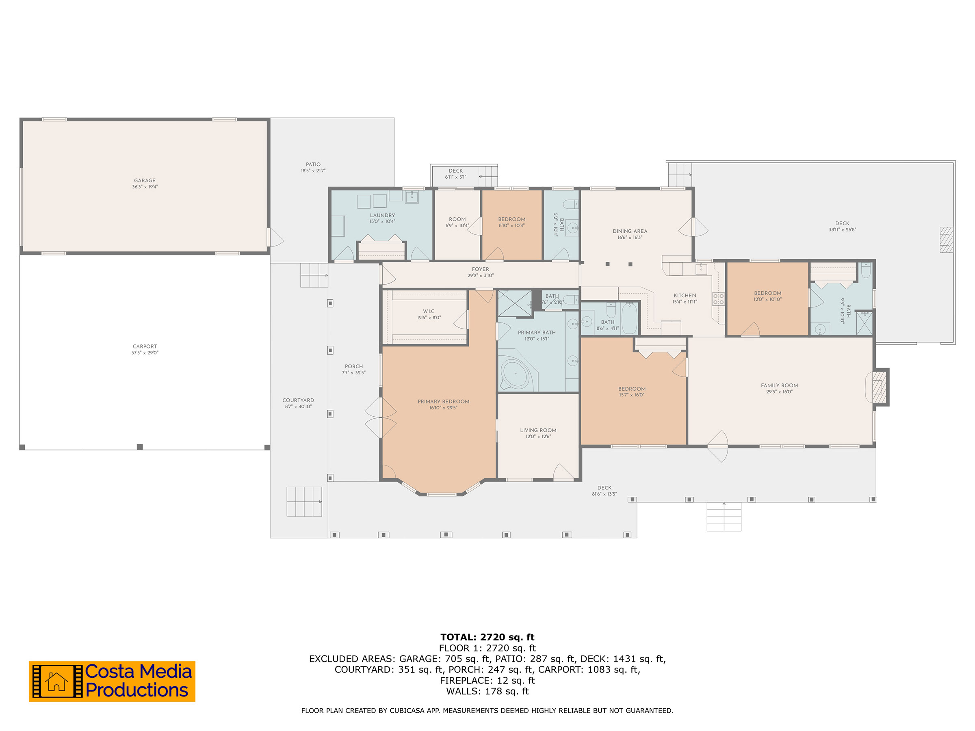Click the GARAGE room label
(145, 180)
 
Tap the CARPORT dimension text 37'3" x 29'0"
(145, 353)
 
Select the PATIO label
(313, 164)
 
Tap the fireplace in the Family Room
(878, 387)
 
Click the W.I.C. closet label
(429, 311)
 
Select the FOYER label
(480, 269)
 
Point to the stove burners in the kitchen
(718, 299)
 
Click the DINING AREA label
(630, 231)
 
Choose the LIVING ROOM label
(538, 430)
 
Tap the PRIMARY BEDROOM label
(443, 401)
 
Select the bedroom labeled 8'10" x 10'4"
(511, 222)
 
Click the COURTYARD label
(298, 400)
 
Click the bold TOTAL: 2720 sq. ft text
(487, 637)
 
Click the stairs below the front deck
(724, 517)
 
